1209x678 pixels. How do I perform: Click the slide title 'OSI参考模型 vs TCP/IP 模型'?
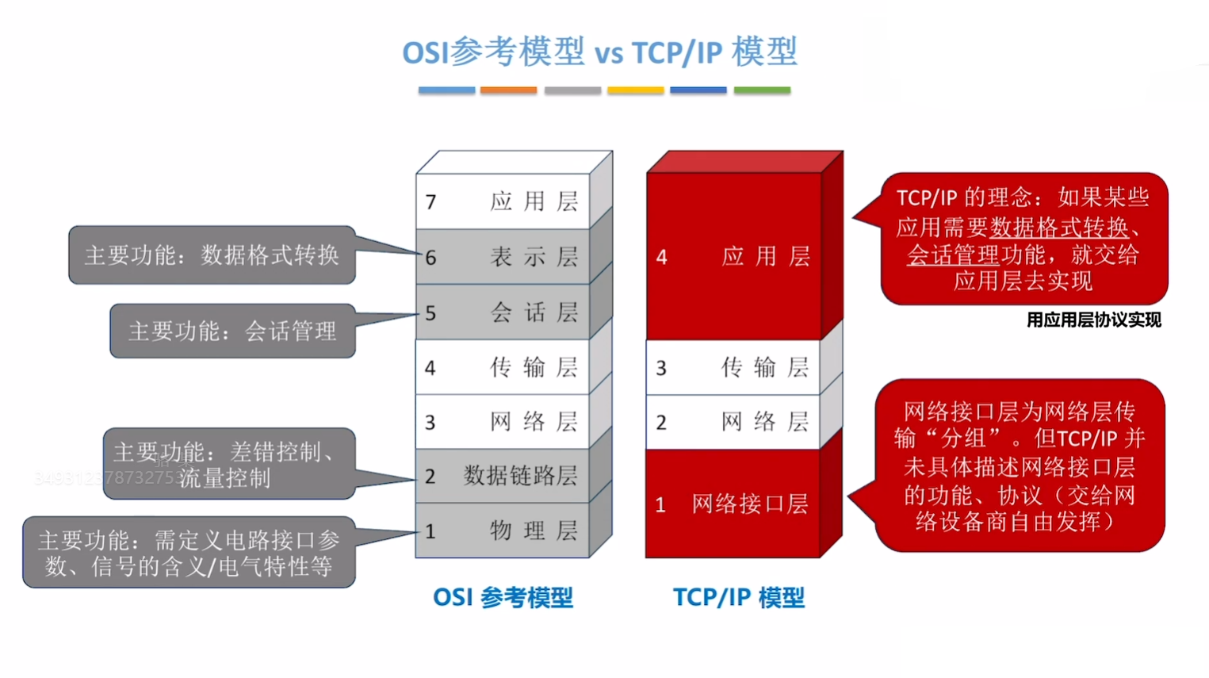pyautogui.click(x=599, y=52)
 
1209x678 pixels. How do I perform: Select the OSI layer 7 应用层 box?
pyautogui.click(x=503, y=201)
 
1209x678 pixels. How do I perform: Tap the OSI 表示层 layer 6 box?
pyautogui.click(x=503, y=257)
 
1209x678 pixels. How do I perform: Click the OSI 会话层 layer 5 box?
pyautogui.click(x=503, y=312)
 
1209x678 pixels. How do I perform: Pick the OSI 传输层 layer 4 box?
pyautogui.click(x=503, y=367)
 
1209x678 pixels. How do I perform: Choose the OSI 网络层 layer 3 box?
pyautogui.click(x=503, y=422)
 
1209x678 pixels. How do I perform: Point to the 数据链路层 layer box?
pyautogui.click(x=503, y=476)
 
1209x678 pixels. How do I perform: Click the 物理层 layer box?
pyautogui.click(x=503, y=531)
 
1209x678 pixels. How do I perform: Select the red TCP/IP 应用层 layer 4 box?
pyautogui.click(x=733, y=256)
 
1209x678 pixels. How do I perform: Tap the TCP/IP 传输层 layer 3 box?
pyautogui.click(x=733, y=367)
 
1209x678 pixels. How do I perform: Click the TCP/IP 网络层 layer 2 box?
pyautogui.click(x=733, y=422)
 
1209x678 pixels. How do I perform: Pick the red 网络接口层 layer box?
pyautogui.click(x=733, y=504)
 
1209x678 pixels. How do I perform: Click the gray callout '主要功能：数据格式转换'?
pyautogui.click(x=212, y=255)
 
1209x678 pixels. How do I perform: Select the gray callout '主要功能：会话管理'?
pyautogui.click(x=232, y=331)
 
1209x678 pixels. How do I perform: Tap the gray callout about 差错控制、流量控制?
pyautogui.click(x=228, y=465)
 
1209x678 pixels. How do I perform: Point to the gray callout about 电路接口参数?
pyautogui.click(x=189, y=553)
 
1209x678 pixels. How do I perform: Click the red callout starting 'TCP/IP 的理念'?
pyautogui.click(x=1023, y=239)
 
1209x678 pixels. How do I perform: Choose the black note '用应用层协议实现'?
pyautogui.click(x=1093, y=320)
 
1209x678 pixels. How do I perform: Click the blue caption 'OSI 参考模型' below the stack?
pyautogui.click(x=503, y=597)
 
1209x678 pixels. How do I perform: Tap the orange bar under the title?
pyautogui.click(x=508, y=90)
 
